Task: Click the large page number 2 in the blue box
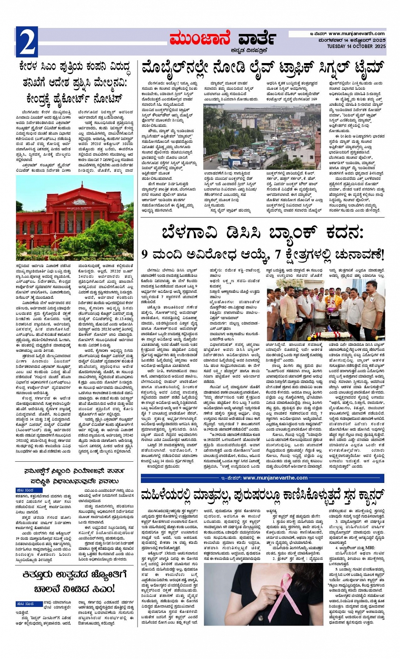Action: (x=27, y=42)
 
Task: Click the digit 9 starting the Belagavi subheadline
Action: (x=144, y=254)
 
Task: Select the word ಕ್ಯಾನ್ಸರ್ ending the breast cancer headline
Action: (x=362, y=494)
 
